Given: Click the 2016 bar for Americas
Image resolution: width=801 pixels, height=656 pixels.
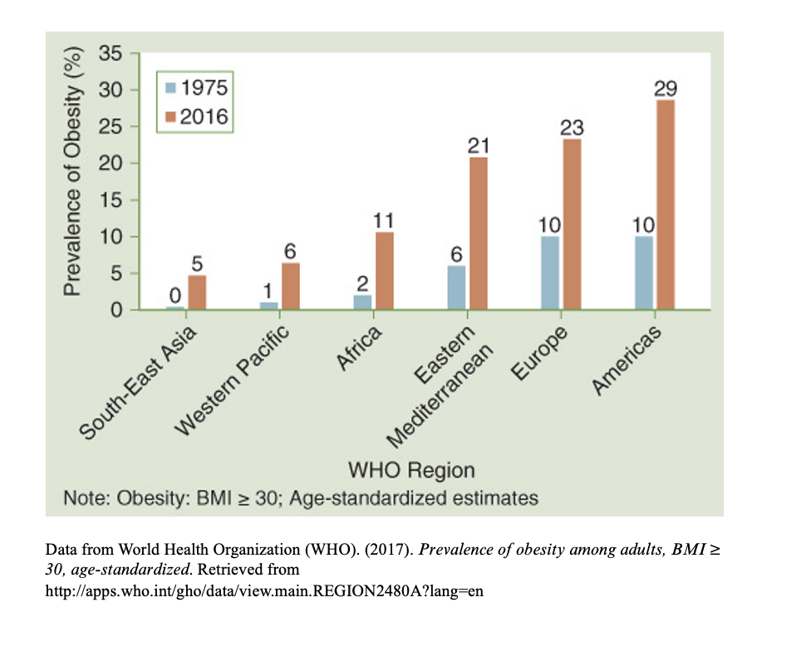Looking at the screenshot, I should [666, 204].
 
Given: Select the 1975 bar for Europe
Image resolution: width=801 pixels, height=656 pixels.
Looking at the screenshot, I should [550, 273].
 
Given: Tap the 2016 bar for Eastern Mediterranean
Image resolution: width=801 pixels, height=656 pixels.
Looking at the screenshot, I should [479, 233].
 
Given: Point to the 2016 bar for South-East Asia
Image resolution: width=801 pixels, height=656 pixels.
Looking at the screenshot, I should [197, 292].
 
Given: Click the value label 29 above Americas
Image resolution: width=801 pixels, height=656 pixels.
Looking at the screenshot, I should [666, 89].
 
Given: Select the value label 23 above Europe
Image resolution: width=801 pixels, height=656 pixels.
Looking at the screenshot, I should [572, 128].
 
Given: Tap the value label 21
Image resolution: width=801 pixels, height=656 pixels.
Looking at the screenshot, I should [479, 146].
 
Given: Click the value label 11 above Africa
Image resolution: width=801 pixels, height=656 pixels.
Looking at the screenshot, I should [385, 221].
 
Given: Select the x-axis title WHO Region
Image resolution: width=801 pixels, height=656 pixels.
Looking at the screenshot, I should [411, 470].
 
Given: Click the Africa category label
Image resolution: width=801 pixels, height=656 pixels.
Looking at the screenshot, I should [359, 349].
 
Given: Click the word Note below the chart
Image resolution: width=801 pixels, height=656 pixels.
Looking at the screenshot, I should [86, 498].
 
